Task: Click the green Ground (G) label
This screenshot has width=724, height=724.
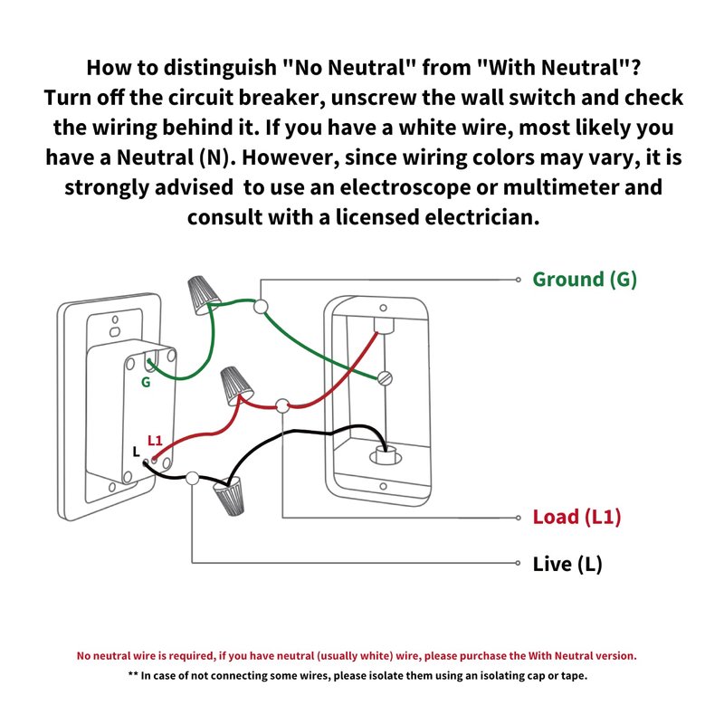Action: [585, 280]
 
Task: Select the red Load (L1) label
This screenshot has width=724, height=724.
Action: [576, 518]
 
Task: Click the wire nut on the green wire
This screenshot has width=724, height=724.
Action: [203, 291]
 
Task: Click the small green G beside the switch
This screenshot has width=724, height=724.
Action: [145, 383]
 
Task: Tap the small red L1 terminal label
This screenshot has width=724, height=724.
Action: [155, 441]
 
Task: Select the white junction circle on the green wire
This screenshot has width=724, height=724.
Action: [262, 307]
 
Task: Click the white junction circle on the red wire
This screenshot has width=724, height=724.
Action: [283, 405]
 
